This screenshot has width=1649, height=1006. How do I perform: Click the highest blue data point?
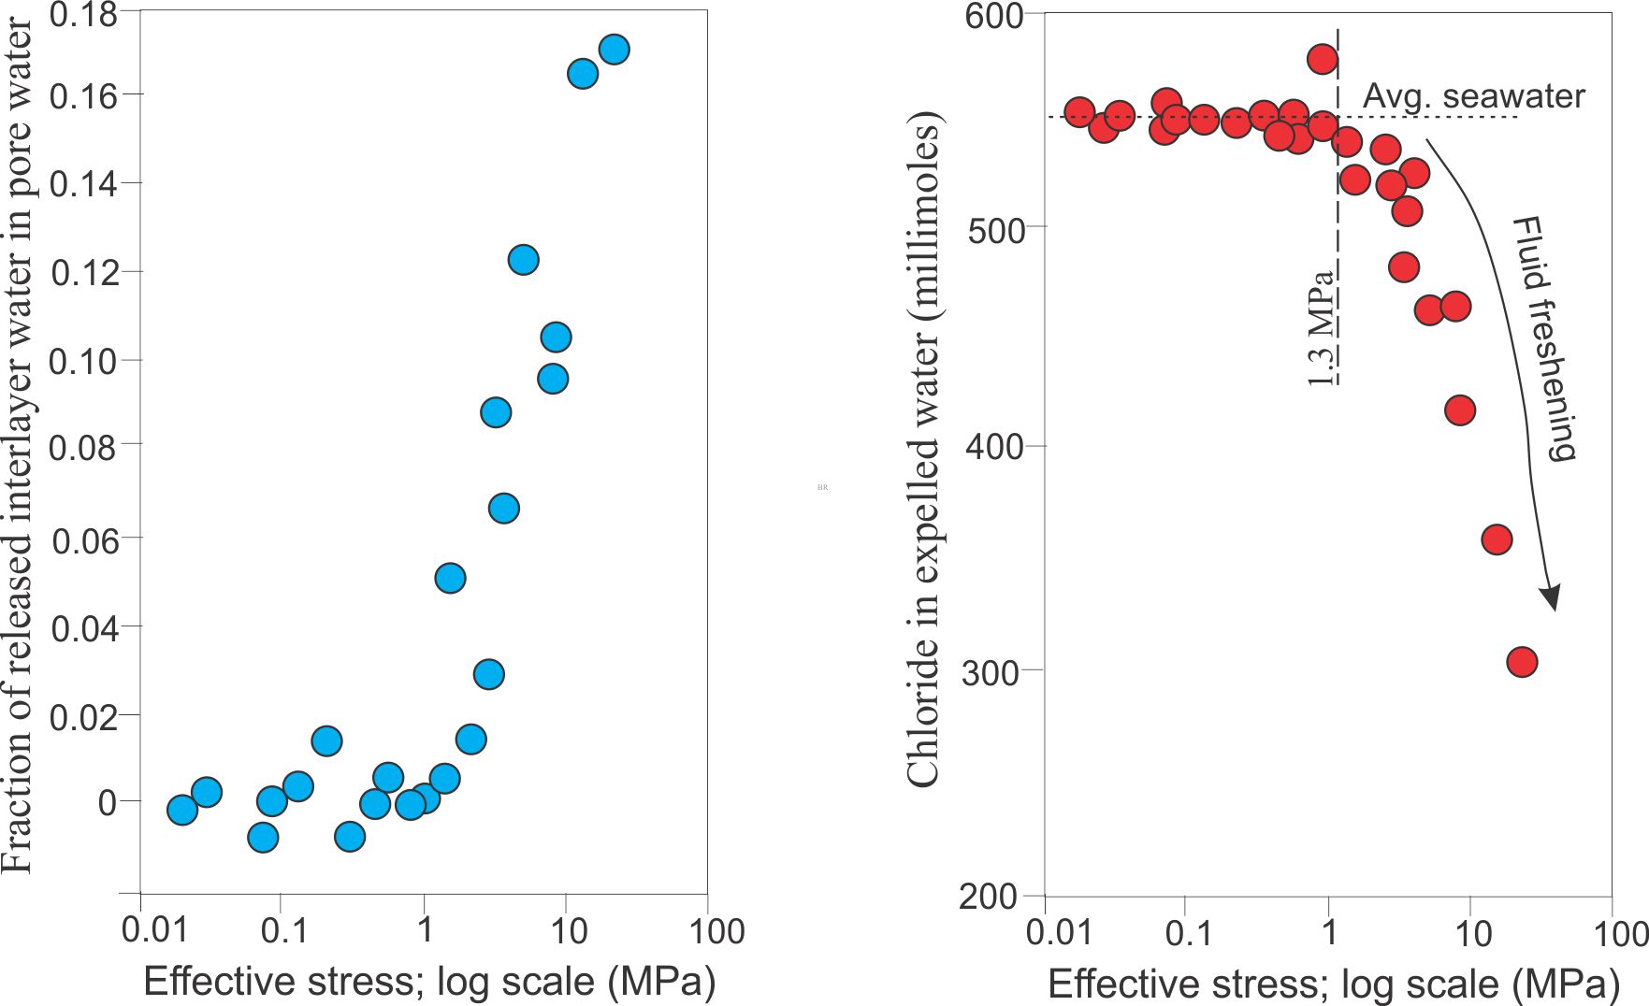pyautogui.click(x=614, y=50)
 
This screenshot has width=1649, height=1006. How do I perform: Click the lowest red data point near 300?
pyautogui.click(x=1522, y=662)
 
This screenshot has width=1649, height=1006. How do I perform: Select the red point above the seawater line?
pyautogui.click(x=1322, y=60)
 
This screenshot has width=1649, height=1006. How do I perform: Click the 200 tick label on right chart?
pyautogui.click(x=988, y=897)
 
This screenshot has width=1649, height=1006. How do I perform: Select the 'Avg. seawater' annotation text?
pyautogui.click(x=1473, y=96)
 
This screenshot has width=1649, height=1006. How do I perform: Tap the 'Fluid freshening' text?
pyautogui.click(x=1544, y=339)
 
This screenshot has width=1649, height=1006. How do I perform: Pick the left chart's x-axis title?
pyautogui.click(x=429, y=982)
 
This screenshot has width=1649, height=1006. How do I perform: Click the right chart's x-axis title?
pyautogui.click(x=1334, y=984)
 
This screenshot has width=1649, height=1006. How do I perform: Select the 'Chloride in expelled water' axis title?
pyautogui.click(x=923, y=449)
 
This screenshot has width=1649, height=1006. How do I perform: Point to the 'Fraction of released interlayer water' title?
pyautogui.click(x=18, y=447)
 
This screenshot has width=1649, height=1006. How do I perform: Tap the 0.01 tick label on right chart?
pyautogui.click(x=1059, y=932)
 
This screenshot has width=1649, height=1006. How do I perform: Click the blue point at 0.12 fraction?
pyautogui.click(x=523, y=260)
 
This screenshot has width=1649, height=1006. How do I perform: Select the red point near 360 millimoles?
pyautogui.click(x=1497, y=539)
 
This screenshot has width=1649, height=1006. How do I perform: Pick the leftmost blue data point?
pyautogui.click(x=182, y=810)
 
